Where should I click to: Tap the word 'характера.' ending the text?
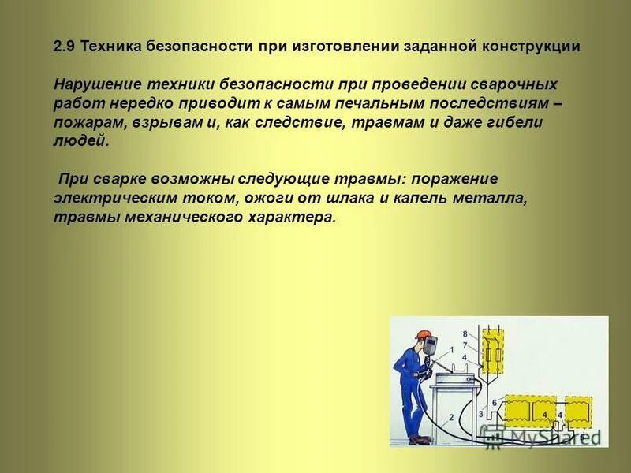pos(297,218)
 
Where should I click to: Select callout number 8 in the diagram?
pos(465,334)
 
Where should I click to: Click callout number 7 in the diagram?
pos(465,345)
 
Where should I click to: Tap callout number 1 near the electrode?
pos(450,350)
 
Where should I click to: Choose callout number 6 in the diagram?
pos(494,403)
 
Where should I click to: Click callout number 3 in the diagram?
pos(480,413)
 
